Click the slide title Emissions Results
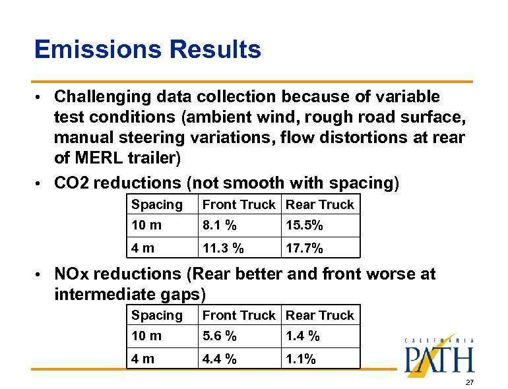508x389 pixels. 147,49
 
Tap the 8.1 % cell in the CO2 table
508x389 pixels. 220,225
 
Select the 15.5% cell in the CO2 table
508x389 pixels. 304,225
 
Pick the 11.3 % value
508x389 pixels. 223,248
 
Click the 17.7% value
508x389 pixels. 304,248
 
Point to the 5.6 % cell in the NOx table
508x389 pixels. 220,336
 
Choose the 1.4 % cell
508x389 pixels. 302,336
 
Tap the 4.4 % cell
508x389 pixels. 220,359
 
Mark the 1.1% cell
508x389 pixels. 301,359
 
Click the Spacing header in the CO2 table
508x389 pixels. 156,205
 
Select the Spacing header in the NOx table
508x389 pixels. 156,316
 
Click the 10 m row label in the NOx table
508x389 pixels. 146,336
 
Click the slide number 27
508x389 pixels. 469,382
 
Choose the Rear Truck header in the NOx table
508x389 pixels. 320,316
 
